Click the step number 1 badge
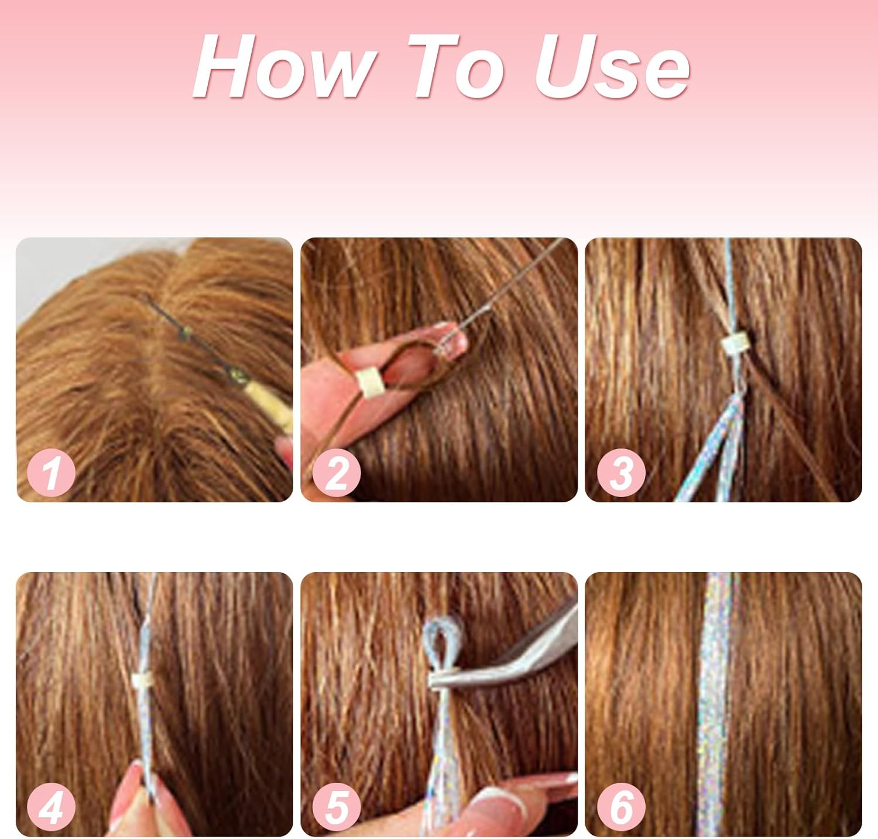click(x=52, y=472)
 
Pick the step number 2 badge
click(x=336, y=472)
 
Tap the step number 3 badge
click(x=621, y=472)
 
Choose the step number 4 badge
click(x=52, y=807)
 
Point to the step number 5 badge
click(x=336, y=807)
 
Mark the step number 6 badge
click(x=621, y=807)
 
